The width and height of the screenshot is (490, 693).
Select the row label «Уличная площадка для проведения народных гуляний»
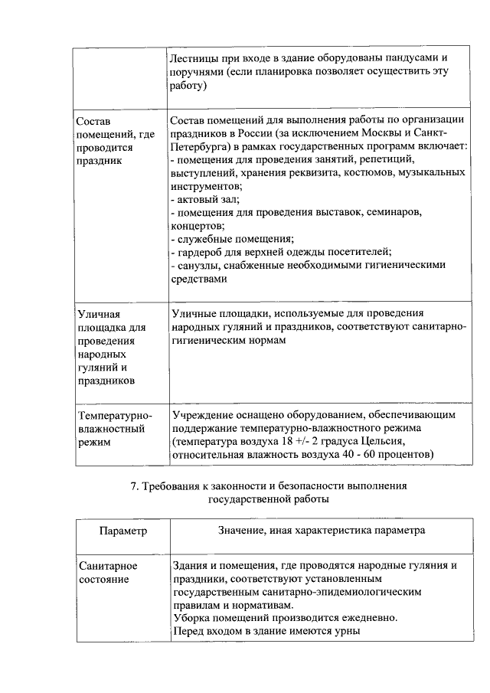[x=111, y=346]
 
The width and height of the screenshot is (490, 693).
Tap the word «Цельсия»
[x=394, y=442]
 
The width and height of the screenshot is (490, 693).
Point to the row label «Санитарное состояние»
[x=109, y=572]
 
